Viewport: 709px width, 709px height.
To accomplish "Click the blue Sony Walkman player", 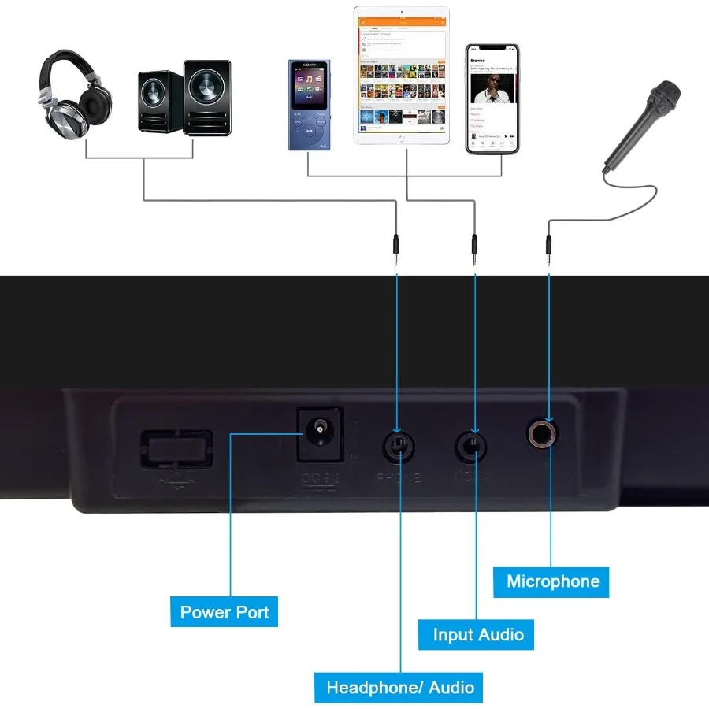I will click(308, 104).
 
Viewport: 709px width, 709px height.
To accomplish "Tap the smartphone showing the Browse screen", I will click(492, 98).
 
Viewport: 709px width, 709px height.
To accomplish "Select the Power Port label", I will click(225, 612).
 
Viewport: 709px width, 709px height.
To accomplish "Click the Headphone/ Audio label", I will click(400, 688).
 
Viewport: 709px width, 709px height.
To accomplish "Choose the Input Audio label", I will click(478, 634).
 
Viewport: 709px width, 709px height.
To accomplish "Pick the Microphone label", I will click(553, 581).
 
